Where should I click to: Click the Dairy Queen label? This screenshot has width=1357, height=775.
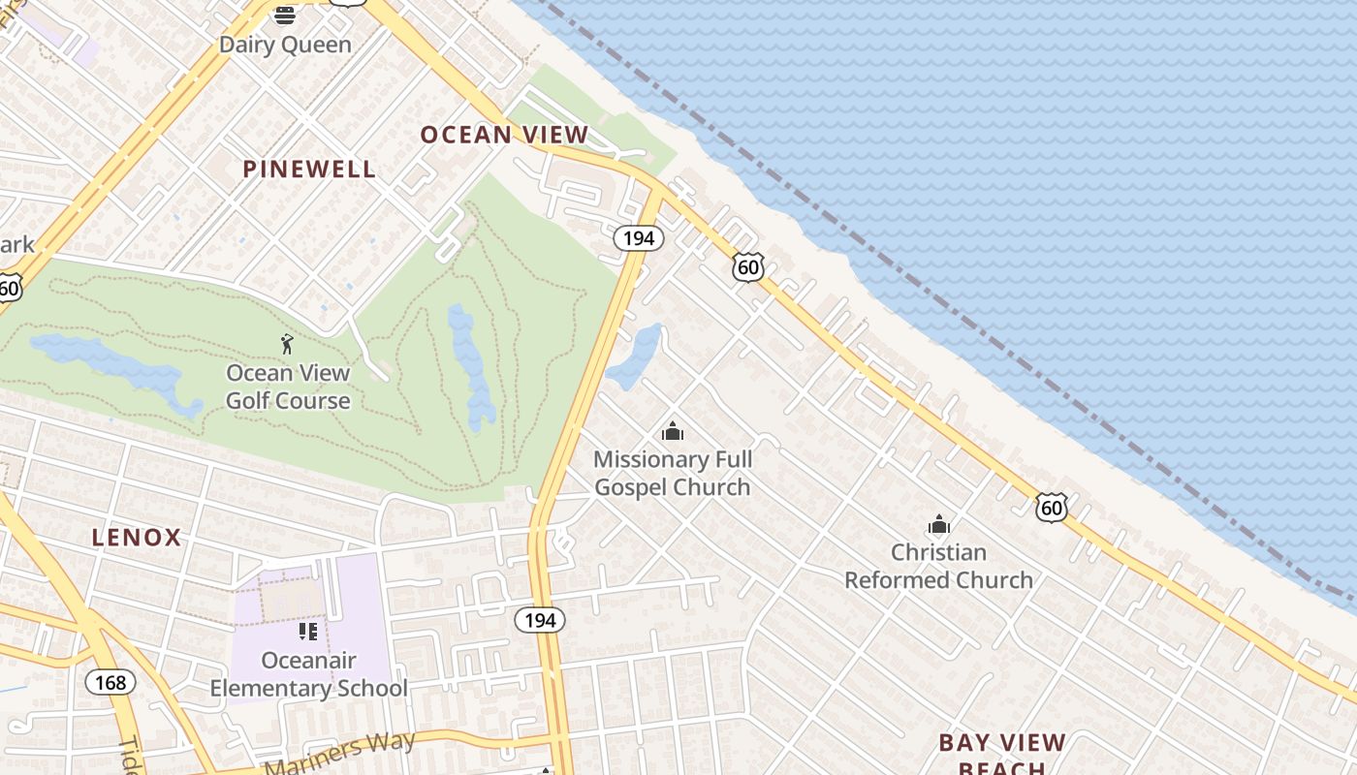click(x=285, y=45)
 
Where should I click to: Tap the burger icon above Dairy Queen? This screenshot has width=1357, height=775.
click(x=285, y=15)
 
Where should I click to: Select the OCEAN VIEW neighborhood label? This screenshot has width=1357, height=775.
click(x=504, y=135)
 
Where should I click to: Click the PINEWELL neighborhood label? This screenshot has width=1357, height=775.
click(x=309, y=169)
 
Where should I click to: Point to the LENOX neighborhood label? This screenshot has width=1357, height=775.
click(x=137, y=538)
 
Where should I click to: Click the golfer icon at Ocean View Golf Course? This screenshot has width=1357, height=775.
click(x=287, y=344)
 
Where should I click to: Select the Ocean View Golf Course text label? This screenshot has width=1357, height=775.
click(x=288, y=387)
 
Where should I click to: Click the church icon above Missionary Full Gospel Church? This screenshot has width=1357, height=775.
click(x=673, y=431)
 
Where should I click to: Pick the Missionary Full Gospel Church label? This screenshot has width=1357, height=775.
click(x=673, y=473)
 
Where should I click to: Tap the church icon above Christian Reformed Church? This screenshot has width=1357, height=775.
click(x=938, y=525)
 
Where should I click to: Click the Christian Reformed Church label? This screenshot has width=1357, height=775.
click(x=938, y=566)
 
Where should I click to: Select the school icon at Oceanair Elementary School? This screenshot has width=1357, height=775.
click(x=308, y=632)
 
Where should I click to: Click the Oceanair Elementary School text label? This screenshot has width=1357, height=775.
click(x=308, y=674)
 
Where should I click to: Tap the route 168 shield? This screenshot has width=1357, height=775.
click(x=110, y=682)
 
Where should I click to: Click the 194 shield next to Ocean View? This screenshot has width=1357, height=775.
click(x=638, y=237)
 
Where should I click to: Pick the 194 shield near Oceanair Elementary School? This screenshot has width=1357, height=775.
click(x=539, y=620)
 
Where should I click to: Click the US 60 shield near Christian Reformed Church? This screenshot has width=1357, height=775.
click(x=1051, y=507)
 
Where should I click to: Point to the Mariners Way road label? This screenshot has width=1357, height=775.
click(x=339, y=753)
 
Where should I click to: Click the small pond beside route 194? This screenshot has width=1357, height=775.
click(x=635, y=356)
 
